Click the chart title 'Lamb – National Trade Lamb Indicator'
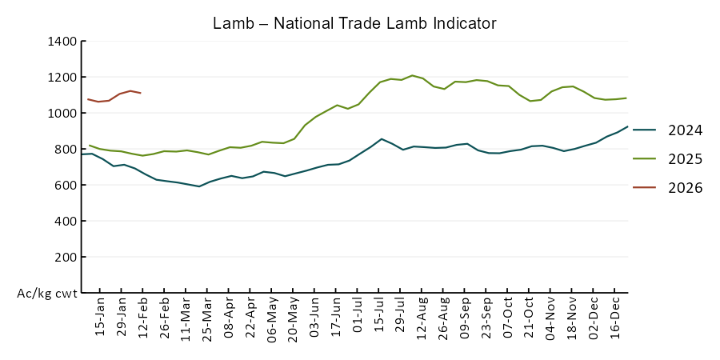(354, 23)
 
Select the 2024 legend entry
(685, 130)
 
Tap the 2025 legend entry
(685, 159)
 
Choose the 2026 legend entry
(685, 188)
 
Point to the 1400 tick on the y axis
(62, 41)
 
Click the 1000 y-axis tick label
(62, 113)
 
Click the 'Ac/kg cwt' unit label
(47, 294)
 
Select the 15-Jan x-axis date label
(101, 318)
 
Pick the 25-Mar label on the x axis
(208, 318)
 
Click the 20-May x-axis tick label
(294, 318)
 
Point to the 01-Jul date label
(358, 318)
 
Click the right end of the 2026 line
(141, 94)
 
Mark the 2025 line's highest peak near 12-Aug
(412, 75)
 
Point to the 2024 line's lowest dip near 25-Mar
(199, 186)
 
